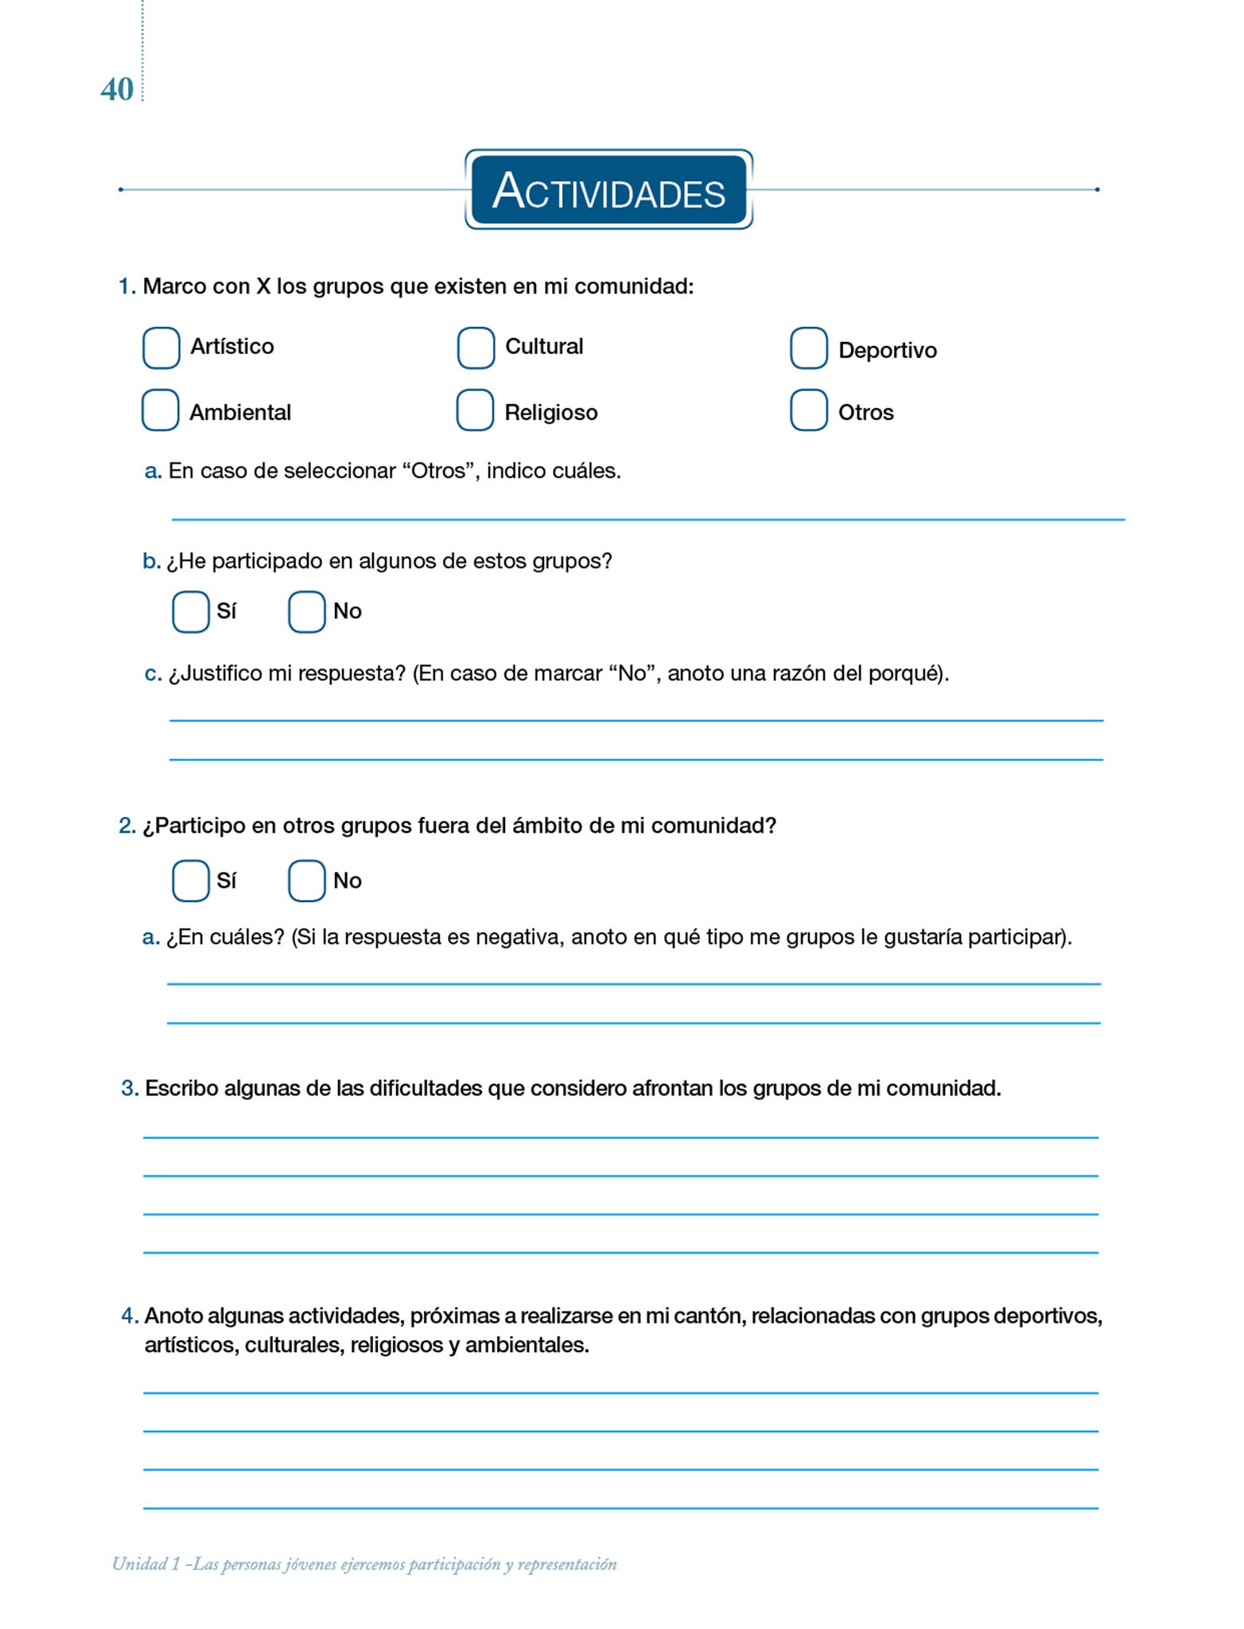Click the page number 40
click(x=117, y=90)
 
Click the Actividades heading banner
click(x=608, y=190)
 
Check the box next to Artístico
click(x=161, y=348)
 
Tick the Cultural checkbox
click(x=476, y=348)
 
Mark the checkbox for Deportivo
click(x=808, y=348)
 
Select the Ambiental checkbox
click(x=160, y=410)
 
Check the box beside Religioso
click(x=475, y=410)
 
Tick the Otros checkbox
click(x=808, y=410)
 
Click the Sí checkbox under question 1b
click(x=191, y=612)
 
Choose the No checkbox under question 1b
click(x=306, y=612)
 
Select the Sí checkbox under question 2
click(x=191, y=881)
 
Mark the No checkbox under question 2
click(x=306, y=881)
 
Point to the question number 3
click(x=130, y=1088)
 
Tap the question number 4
click(x=130, y=1316)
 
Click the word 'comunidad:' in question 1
click(x=634, y=286)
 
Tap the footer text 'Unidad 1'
click(x=146, y=1564)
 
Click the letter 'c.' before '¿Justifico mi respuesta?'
click(x=153, y=674)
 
